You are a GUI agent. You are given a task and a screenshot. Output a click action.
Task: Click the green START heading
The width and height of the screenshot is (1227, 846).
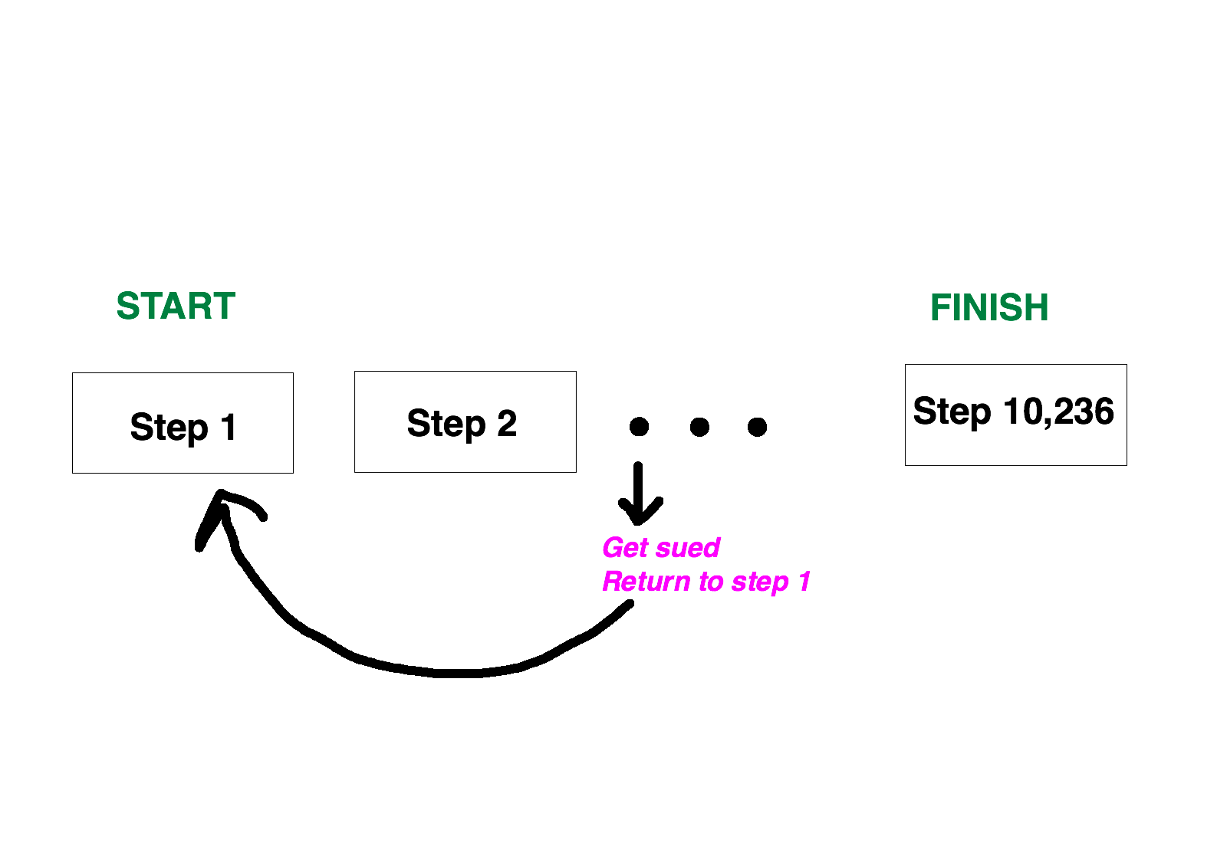coord(176,306)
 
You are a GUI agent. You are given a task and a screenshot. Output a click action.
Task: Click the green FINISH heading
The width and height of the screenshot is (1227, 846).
coord(989,307)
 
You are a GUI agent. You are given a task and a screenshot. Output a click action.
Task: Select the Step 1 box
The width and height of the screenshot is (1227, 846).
coord(183,423)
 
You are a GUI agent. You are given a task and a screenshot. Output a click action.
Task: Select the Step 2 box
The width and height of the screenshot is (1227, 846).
coord(465,422)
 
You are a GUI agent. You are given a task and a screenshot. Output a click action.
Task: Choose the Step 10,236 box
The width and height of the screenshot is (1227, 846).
coord(1015,415)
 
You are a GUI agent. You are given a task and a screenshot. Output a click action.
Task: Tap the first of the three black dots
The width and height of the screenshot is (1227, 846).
coord(640,427)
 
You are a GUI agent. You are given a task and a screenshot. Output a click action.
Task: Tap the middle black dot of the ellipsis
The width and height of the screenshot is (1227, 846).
coord(699,427)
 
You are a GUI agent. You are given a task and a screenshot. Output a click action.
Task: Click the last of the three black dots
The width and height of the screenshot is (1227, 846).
coord(757,427)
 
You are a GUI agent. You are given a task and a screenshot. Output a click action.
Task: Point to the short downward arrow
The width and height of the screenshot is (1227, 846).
coord(638,493)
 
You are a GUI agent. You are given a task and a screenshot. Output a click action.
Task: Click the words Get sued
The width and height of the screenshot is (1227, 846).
coord(661,548)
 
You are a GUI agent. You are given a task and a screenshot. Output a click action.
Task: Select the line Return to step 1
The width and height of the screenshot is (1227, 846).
coord(706,581)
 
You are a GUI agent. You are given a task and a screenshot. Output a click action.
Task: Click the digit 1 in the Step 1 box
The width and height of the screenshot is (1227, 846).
coord(229,427)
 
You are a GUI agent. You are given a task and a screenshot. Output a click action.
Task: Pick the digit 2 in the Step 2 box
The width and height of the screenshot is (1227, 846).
coord(507,423)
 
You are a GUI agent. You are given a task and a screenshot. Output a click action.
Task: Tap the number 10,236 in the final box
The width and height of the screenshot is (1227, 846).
coord(1059,412)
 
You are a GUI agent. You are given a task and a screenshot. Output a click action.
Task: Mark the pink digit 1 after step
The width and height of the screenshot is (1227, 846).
coord(804,581)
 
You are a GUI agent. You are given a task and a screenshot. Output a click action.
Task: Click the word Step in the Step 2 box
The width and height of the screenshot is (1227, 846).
coord(446,425)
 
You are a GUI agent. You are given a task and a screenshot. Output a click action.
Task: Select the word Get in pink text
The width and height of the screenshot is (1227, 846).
coord(626,548)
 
